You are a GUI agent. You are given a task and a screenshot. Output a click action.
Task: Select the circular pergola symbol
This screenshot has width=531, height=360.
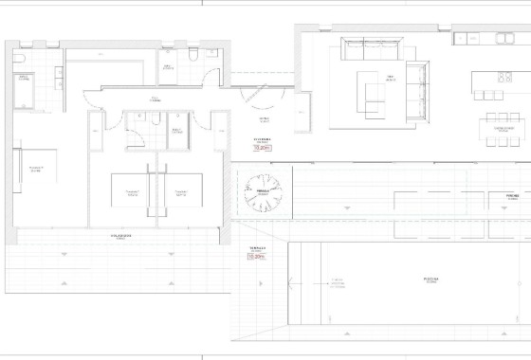pos(265,190)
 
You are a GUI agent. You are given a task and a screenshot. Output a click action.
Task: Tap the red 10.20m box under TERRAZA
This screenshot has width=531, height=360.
pos(256,256)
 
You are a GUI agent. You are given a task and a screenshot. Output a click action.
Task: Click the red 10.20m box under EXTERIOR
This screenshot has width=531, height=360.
pos(263,148)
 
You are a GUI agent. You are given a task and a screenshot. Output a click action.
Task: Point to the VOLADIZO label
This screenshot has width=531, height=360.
pos(120,236)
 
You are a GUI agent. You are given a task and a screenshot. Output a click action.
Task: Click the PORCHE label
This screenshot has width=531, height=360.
pos(512,195)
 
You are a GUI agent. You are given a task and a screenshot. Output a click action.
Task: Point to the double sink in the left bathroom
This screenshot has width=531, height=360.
pos(60,78)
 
